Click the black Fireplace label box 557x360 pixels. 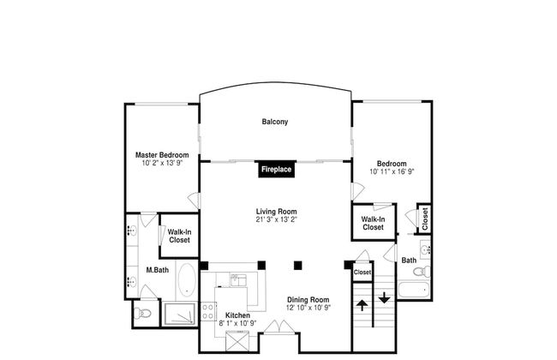click(277, 170)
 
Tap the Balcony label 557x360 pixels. click(275, 122)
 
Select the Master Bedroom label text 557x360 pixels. click(161, 155)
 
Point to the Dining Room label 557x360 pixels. click(308, 299)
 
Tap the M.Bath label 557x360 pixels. click(156, 271)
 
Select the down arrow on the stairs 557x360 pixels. click(384, 297)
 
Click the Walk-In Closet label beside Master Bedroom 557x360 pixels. click(179, 236)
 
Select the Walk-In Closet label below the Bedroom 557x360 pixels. click(373, 223)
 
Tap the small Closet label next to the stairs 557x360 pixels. click(362, 273)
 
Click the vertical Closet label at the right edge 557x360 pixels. click(424, 219)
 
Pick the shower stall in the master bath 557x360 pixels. click(180, 314)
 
